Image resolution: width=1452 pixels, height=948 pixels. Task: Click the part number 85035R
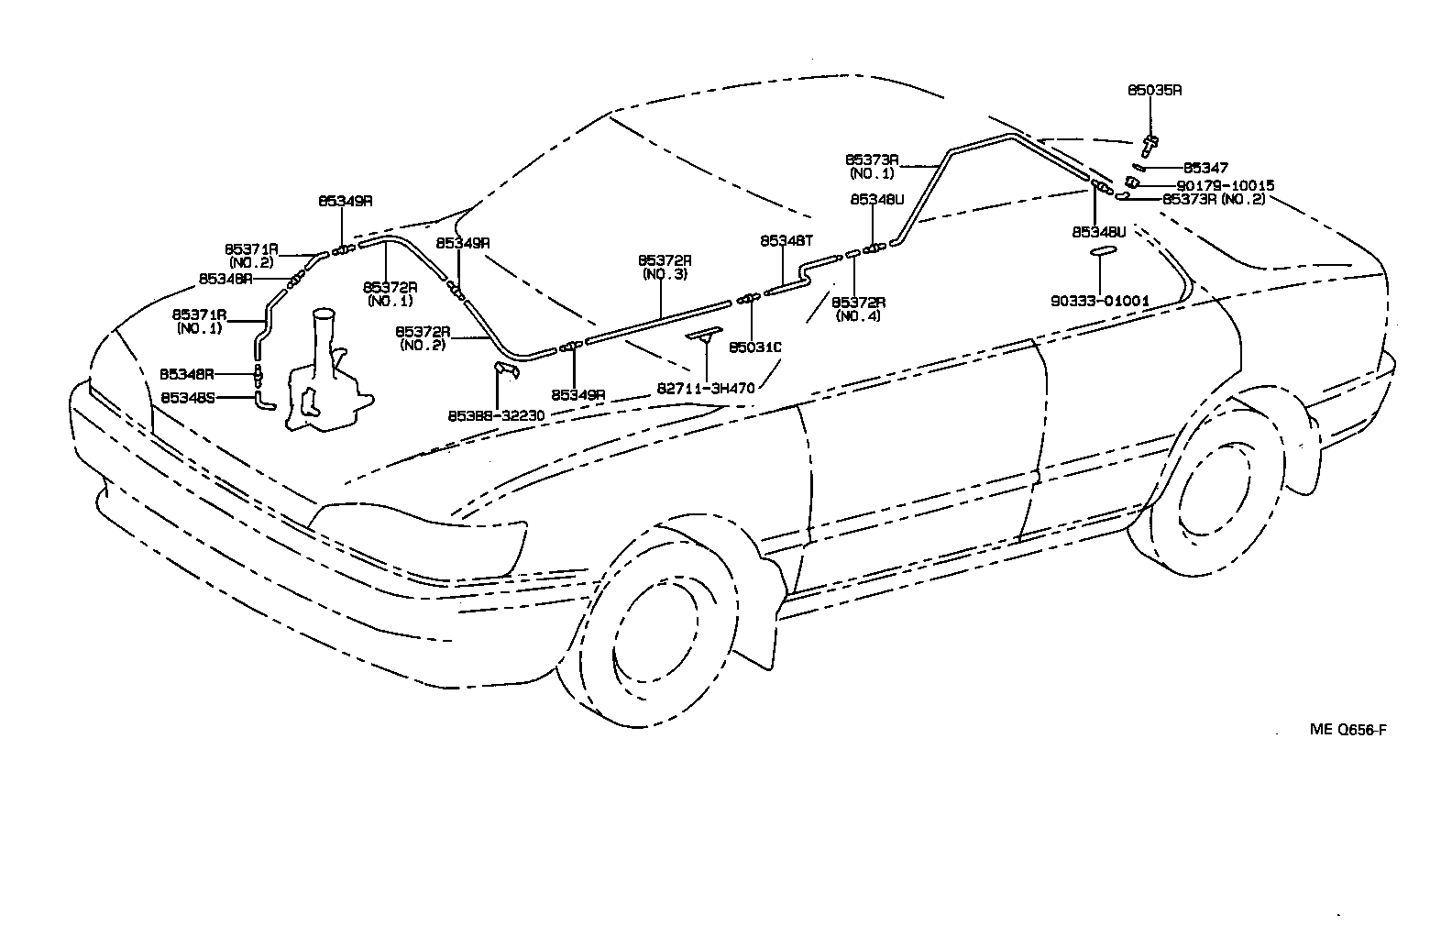pyautogui.click(x=1153, y=90)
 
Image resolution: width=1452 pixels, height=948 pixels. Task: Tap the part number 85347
pyautogui.click(x=1205, y=168)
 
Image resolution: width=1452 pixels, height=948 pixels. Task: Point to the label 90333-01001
pyautogui.click(x=1101, y=300)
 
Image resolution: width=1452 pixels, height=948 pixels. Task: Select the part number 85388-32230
pyautogui.click(x=496, y=415)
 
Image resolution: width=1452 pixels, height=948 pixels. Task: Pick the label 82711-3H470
pyautogui.click(x=705, y=388)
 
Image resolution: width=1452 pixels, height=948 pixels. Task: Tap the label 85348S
pyautogui.click(x=187, y=398)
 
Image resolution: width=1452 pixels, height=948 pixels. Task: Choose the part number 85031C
pyautogui.click(x=754, y=347)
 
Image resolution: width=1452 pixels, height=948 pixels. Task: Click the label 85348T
pyautogui.click(x=786, y=240)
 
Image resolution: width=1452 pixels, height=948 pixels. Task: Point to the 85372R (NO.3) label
pyautogui.click(x=665, y=267)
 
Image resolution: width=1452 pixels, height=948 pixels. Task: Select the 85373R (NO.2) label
pyautogui.click(x=1213, y=198)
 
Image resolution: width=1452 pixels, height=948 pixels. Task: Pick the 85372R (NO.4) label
pyautogui.click(x=858, y=309)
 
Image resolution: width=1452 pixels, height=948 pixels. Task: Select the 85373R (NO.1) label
pyautogui.click(x=871, y=165)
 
